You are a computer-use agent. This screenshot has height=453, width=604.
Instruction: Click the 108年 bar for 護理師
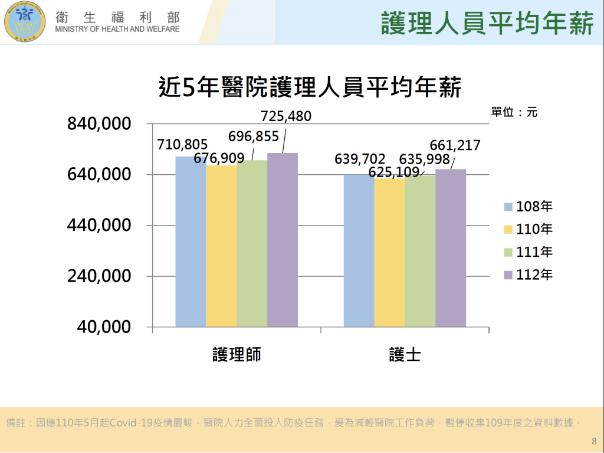(x=191, y=242)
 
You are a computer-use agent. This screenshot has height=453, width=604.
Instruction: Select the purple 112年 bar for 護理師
(x=283, y=240)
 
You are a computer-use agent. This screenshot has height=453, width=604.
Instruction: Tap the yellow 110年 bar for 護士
(x=389, y=252)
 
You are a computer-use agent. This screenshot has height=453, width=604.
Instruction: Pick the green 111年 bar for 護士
(x=420, y=251)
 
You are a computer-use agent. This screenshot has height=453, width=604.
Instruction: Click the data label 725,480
(x=286, y=117)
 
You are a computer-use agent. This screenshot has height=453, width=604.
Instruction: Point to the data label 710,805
(x=182, y=144)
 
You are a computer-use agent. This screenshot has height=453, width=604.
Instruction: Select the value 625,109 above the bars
(x=394, y=172)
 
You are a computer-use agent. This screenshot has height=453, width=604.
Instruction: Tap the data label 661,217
(x=455, y=145)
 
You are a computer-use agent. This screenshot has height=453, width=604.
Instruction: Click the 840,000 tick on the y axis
(x=99, y=124)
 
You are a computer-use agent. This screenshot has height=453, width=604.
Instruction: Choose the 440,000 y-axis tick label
(x=99, y=226)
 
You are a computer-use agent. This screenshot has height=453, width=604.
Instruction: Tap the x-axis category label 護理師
(x=237, y=354)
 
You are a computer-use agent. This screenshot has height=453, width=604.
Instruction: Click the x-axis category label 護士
(x=405, y=354)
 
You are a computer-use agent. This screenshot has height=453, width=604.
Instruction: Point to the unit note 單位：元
(x=514, y=112)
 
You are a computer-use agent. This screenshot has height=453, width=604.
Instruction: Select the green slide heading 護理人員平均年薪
(x=487, y=23)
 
